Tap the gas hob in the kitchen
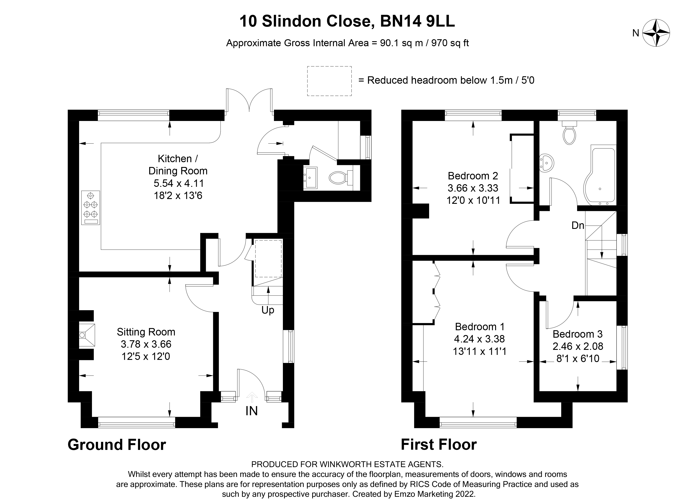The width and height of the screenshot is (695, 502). point(90,208)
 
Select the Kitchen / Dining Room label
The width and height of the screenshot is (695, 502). point(178,165)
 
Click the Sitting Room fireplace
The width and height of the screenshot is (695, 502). point(87,335)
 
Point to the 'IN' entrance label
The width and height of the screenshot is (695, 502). point(251,411)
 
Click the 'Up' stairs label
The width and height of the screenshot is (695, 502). point(268,310)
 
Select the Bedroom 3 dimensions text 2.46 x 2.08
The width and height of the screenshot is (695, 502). point(578,346)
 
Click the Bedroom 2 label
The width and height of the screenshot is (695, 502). point(473,176)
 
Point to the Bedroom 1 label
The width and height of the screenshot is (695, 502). point(480,327)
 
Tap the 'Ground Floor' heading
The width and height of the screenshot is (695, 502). point(117,445)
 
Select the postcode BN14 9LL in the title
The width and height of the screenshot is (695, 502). point(417,21)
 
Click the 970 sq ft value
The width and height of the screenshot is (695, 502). point(450,43)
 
